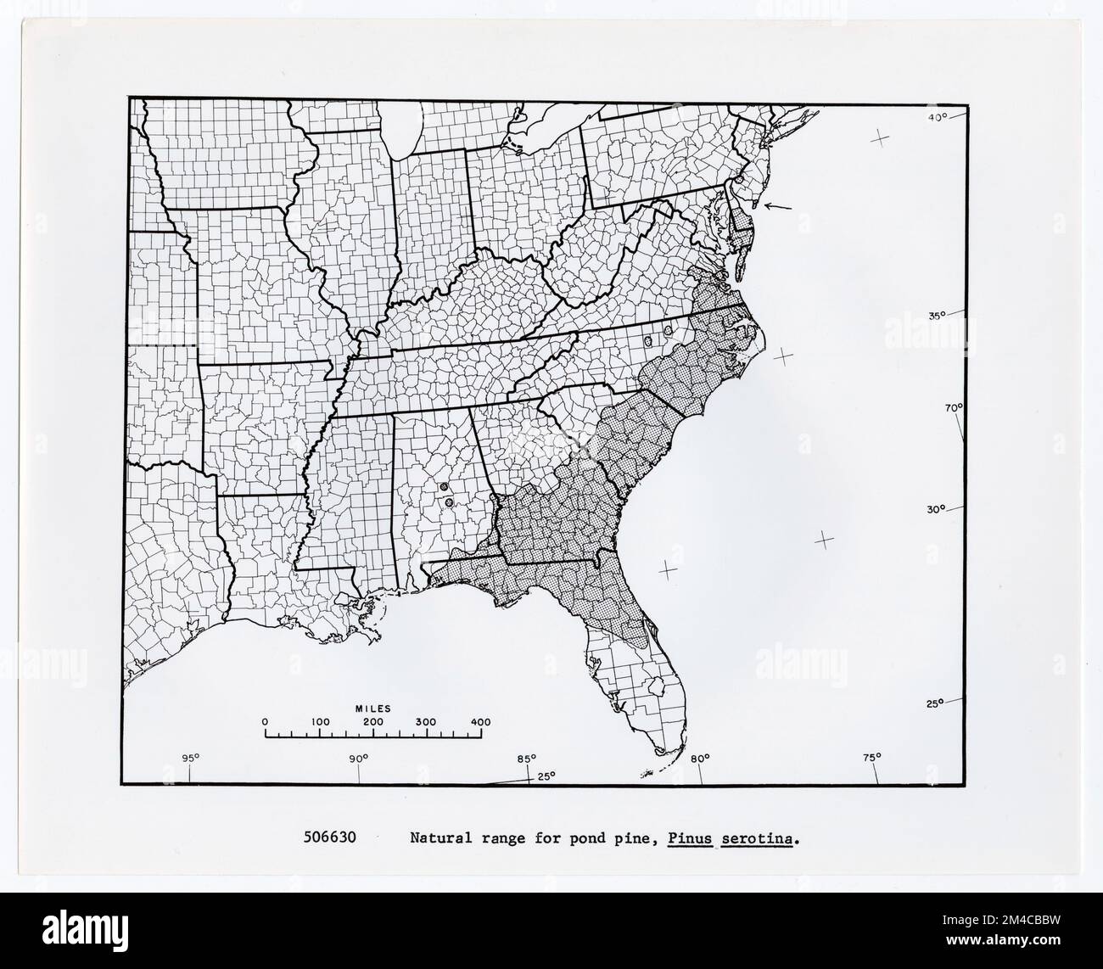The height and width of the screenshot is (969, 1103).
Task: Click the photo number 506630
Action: (330, 840)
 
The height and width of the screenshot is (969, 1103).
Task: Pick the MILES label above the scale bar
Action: (372, 707)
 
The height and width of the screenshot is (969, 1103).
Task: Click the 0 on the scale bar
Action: (266, 722)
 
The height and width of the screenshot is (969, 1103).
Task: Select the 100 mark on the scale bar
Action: (320, 722)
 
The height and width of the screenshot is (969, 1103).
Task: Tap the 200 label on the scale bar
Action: (373, 722)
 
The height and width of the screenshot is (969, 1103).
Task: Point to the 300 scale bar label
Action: (426, 722)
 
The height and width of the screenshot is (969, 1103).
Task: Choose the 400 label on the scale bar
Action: (480, 722)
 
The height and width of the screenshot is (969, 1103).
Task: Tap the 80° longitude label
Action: (701, 758)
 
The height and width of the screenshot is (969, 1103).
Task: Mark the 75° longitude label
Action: (872, 757)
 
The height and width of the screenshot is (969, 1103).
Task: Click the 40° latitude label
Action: (936, 117)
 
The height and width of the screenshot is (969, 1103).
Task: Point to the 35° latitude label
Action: (936, 316)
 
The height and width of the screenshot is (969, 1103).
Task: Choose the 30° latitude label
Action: (935, 509)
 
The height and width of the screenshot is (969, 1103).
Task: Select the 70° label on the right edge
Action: (955, 408)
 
